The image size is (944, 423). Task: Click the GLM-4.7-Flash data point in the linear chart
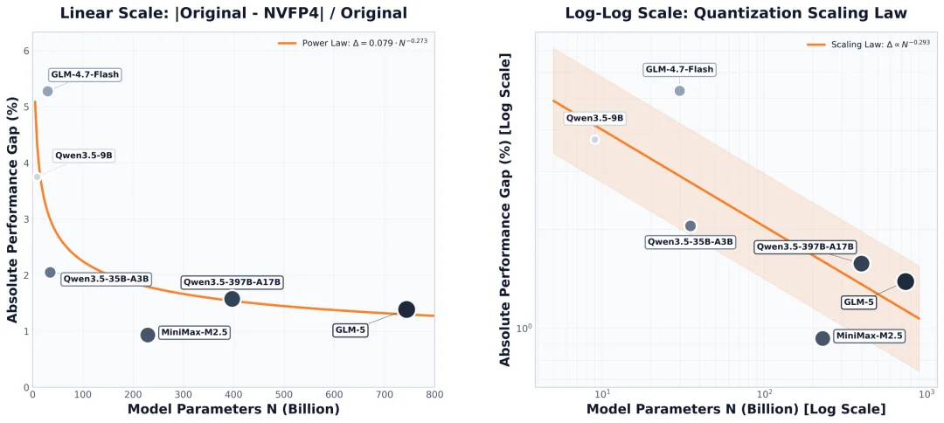[x=47, y=92]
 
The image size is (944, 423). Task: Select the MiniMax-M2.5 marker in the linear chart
[x=148, y=335]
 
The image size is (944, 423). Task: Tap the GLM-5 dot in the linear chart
[x=406, y=309]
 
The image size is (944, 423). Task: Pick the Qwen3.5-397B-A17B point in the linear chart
[x=233, y=298]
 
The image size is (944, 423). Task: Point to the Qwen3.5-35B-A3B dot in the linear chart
[x=50, y=273]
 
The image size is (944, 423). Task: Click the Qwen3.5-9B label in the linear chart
[x=84, y=156]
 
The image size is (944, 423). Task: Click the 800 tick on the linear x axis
[x=434, y=395]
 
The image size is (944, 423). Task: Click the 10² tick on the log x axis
[x=764, y=393]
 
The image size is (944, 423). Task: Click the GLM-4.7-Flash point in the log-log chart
[x=680, y=91]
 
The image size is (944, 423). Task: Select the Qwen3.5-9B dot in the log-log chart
[x=595, y=140]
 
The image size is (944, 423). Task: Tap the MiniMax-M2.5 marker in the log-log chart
[x=823, y=338]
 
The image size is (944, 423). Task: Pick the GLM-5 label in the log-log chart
[x=858, y=302]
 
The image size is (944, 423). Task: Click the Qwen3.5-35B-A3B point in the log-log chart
[x=691, y=225]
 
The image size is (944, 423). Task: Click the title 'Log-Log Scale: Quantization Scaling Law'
[x=736, y=12]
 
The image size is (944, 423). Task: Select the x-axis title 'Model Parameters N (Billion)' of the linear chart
[x=233, y=410]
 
